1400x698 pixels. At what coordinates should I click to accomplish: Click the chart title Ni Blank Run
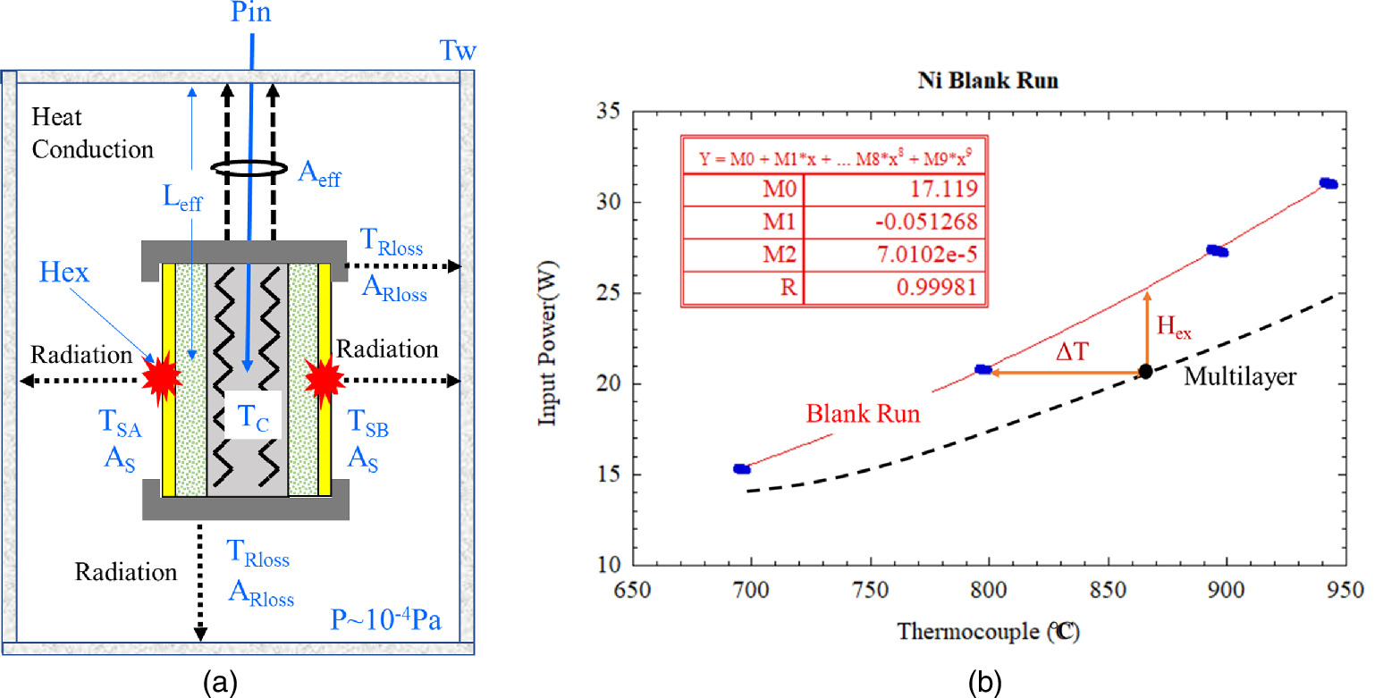click(x=988, y=80)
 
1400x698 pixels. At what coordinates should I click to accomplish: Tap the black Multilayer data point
click(x=1145, y=371)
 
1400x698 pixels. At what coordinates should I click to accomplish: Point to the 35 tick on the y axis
click(x=611, y=112)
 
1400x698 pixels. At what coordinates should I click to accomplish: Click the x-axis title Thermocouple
click(x=988, y=633)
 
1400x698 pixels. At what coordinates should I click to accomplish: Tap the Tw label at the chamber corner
click(x=459, y=50)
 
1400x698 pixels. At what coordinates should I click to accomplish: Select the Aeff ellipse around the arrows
click(x=249, y=169)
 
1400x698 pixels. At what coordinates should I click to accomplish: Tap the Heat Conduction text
click(x=91, y=133)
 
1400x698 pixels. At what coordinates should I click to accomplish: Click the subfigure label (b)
click(x=988, y=683)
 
